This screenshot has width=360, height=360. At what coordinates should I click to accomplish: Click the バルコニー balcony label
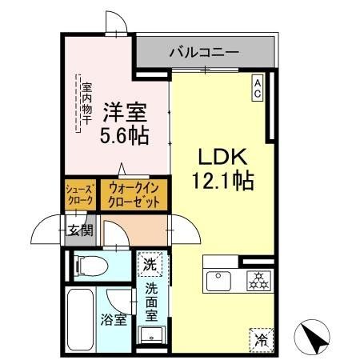[x=203, y=53]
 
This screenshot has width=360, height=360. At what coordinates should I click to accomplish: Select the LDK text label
[x=223, y=156]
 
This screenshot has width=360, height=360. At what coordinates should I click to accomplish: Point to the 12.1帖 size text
[x=222, y=182]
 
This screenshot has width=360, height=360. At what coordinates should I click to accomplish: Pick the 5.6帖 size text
[x=122, y=137]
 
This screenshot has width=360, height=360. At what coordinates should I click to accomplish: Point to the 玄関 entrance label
[x=80, y=231]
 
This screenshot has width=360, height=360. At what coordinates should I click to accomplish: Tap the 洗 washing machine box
[x=150, y=262]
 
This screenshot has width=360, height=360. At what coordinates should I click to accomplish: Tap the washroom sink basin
[x=150, y=334]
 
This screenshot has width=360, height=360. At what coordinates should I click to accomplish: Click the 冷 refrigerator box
[x=261, y=338]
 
